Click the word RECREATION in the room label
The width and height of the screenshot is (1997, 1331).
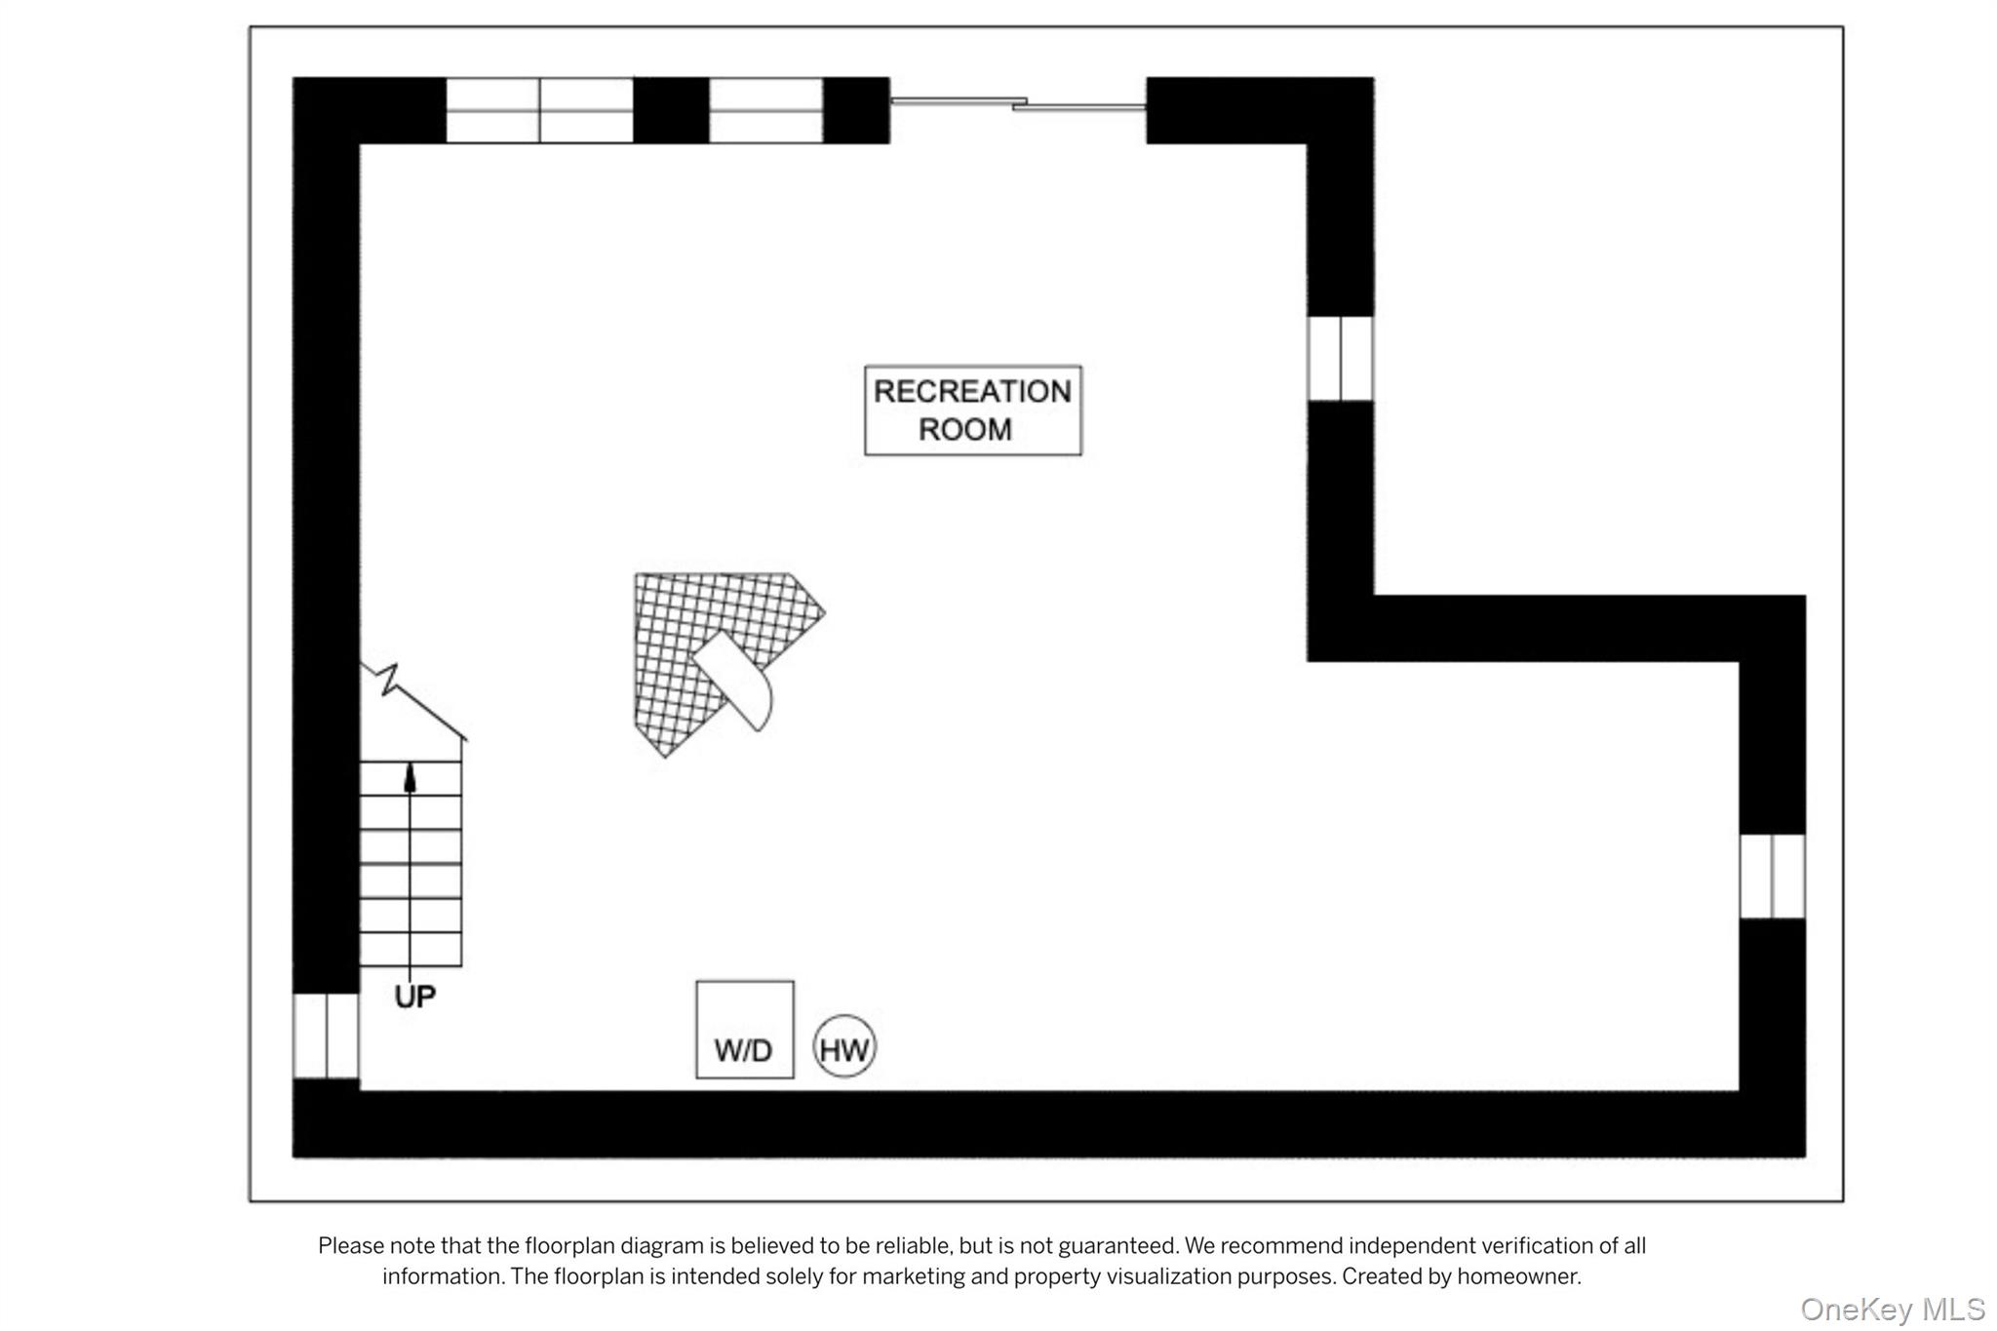[x=972, y=392]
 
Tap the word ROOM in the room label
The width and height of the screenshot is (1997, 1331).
[x=965, y=430]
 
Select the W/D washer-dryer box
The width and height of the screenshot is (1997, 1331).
[x=745, y=1030]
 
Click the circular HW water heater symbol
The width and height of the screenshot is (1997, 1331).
[x=844, y=1046]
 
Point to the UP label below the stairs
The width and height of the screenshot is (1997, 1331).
[x=415, y=997]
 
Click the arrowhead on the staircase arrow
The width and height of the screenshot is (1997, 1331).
[x=410, y=777]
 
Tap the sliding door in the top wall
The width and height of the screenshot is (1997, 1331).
[x=1018, y=102]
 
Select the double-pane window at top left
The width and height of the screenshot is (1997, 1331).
[x=540, y=110]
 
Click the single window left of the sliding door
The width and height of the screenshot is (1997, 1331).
[x=766, y=110]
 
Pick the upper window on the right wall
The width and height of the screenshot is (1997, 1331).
[x=1341, y=358]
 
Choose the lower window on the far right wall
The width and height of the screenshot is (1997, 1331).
[x=1773, y=876]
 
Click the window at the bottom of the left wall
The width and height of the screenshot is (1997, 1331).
[x=327, y=1036]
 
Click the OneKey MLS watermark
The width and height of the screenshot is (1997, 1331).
[x=1893, y=1309]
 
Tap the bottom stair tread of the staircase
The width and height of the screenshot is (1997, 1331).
[x=411, y=950]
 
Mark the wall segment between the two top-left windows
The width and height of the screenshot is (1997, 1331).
[x=671, y=110]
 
